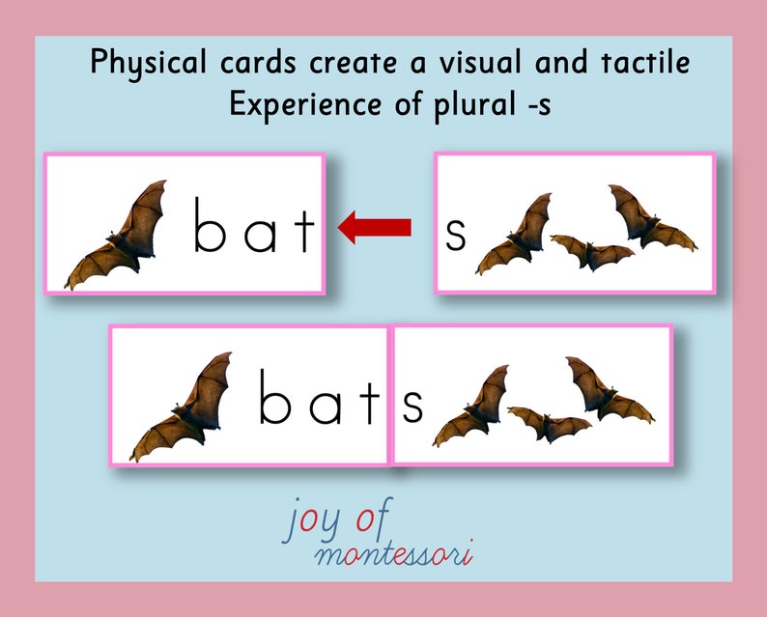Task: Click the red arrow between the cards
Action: [375, 228]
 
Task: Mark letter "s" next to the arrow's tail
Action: [455, 235]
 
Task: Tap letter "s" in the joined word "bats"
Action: [412, 407]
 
